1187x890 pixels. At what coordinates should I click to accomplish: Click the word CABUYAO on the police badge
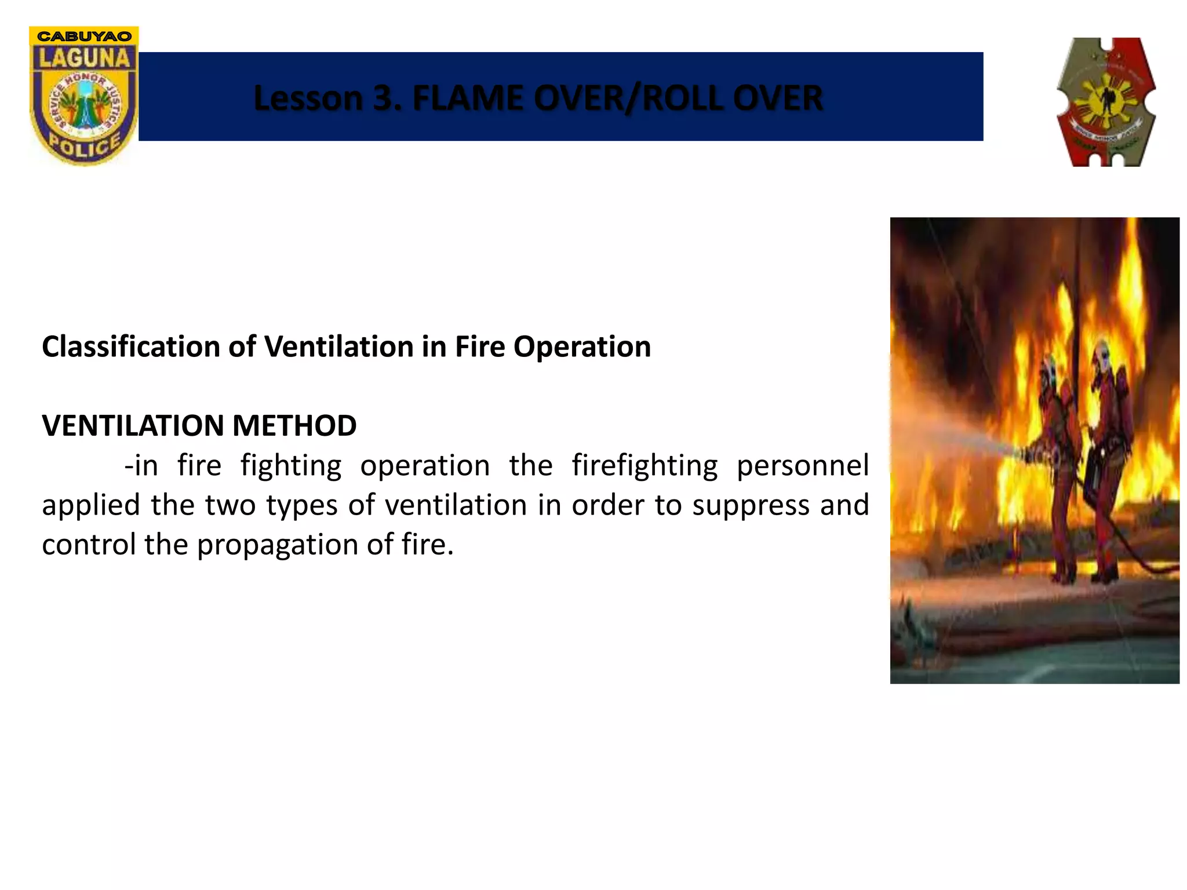click(84, 36)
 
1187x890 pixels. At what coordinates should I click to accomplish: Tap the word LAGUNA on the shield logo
click(84, 58)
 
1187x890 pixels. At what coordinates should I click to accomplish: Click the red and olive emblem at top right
click(1106, 103)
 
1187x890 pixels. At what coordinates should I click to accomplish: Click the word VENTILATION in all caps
click(133, 425)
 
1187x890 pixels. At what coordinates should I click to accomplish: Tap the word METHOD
click(294, 425)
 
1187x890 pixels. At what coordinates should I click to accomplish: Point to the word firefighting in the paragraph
click(645, 466)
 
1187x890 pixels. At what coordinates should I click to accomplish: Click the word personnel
click(802, 466)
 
